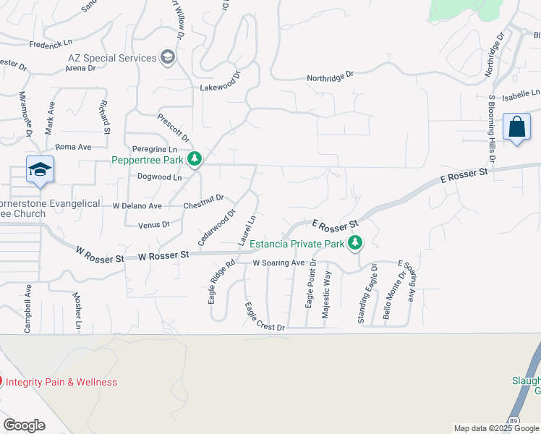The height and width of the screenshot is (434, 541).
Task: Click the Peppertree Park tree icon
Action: tap(194, 158)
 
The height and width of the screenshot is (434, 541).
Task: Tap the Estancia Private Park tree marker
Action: tap(354, 243)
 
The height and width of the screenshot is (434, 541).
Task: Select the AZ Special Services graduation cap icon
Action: tap(168, 58)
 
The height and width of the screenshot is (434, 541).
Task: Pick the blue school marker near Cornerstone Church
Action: tap(40, 171)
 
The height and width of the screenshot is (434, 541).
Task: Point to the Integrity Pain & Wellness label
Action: tap(61, 382)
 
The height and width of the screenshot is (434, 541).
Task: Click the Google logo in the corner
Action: tap(24, 425)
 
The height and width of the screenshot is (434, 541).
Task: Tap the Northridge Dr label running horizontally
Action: tap(330, 75)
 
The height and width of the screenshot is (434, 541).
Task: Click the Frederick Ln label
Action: tap(51, 44)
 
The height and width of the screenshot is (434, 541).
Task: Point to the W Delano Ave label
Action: tap(137, 205)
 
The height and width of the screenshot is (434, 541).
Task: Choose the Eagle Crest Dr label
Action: tap(264, 317)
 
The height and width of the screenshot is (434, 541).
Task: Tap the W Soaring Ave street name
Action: tap(278, 263)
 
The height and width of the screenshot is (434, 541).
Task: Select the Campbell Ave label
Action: tap(28, 307)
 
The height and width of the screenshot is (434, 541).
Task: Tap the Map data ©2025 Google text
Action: tap(496, 428)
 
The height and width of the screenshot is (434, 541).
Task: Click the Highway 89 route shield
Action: tap(514, 420)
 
